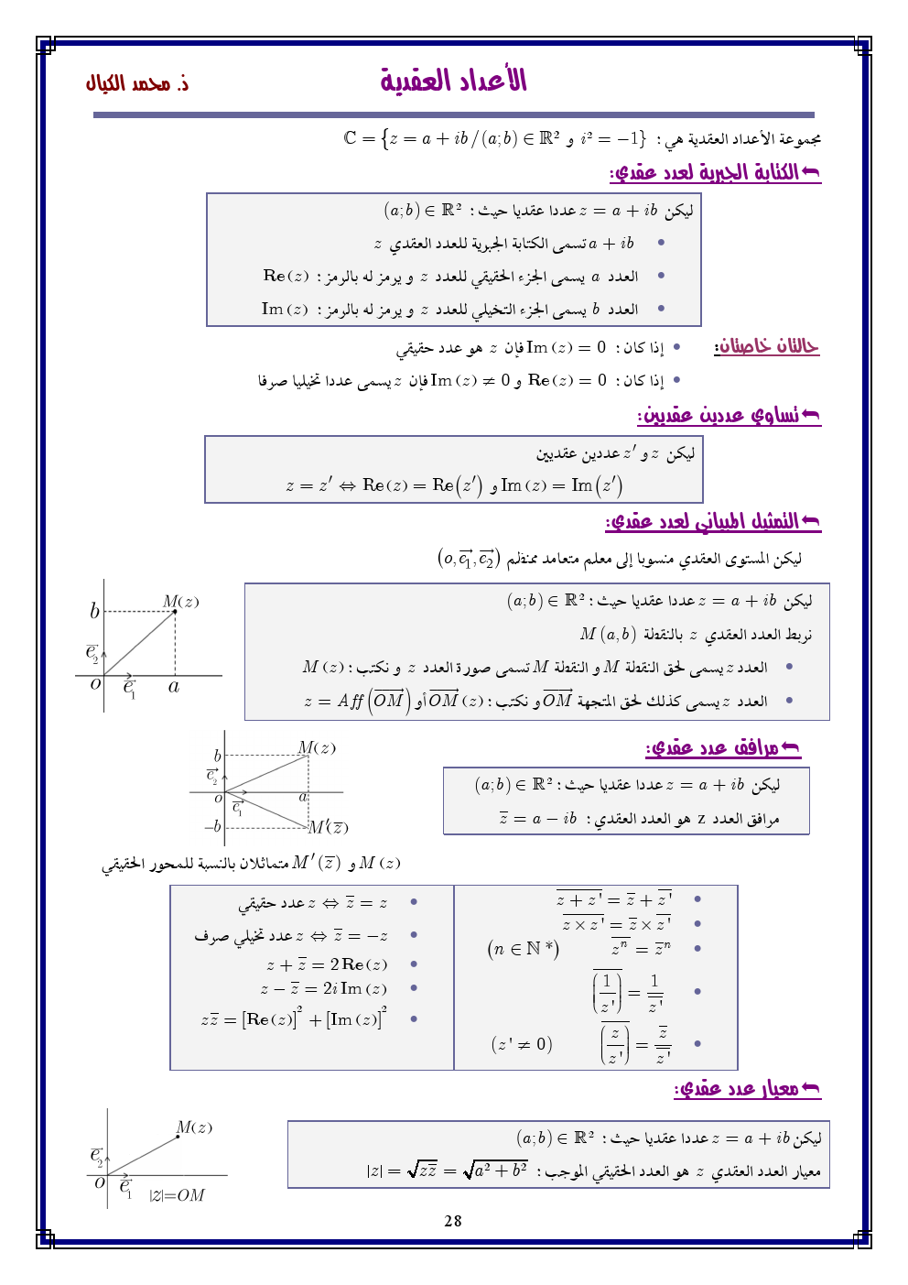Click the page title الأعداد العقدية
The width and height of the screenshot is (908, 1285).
tap(453, 81)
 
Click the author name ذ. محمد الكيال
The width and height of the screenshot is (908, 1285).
tap(137, 83)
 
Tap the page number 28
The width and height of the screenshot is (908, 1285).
tap(453, 1221)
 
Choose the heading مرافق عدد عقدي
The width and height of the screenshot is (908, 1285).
tap(722, 748)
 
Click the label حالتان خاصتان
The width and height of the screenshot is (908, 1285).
tap(766, 346)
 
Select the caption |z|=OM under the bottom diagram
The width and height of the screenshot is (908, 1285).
tap(178, 1195)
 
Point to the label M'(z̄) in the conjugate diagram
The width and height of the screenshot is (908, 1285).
tap(328, 828)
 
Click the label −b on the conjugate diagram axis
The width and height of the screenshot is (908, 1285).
tap(212, 826)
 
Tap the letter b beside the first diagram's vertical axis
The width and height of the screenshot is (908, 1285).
tap(94, 611)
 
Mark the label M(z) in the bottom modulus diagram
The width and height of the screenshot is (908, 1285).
tap(194, 1127)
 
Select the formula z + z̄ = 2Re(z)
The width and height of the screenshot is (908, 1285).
tap(327, 964)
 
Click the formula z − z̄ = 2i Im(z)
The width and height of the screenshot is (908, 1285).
tap(323, 989)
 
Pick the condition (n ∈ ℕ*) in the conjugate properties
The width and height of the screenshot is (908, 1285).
tap(523, 949)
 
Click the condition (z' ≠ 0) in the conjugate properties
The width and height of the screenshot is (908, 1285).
tap(522, 1044)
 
